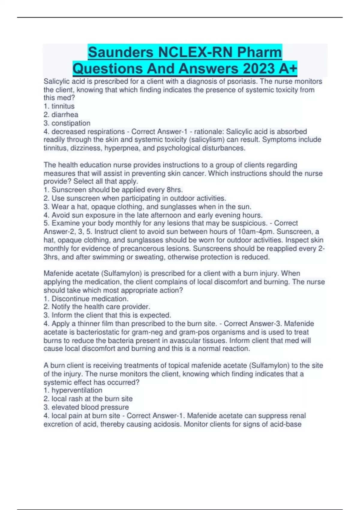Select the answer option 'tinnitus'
pos(63,106)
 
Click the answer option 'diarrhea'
pos(64,115)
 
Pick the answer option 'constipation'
pos(71,123)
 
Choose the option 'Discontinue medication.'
pos(90,299)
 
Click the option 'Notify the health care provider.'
pos(101,307)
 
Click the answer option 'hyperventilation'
pos(77,390)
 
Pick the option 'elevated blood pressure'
pos(90,407)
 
